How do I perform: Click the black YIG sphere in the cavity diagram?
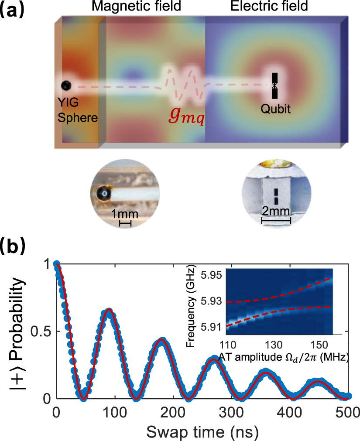pyautogui.click(x=66, y=85)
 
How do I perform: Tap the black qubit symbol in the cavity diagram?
pyautogui.click(x=274, y=85)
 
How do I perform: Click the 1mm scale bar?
pyautogui.click(x=125, y=223)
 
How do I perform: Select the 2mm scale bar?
pyautogui.click(x=276, y=221)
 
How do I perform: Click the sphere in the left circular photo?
pyautogui.click(x=104, y=193)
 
